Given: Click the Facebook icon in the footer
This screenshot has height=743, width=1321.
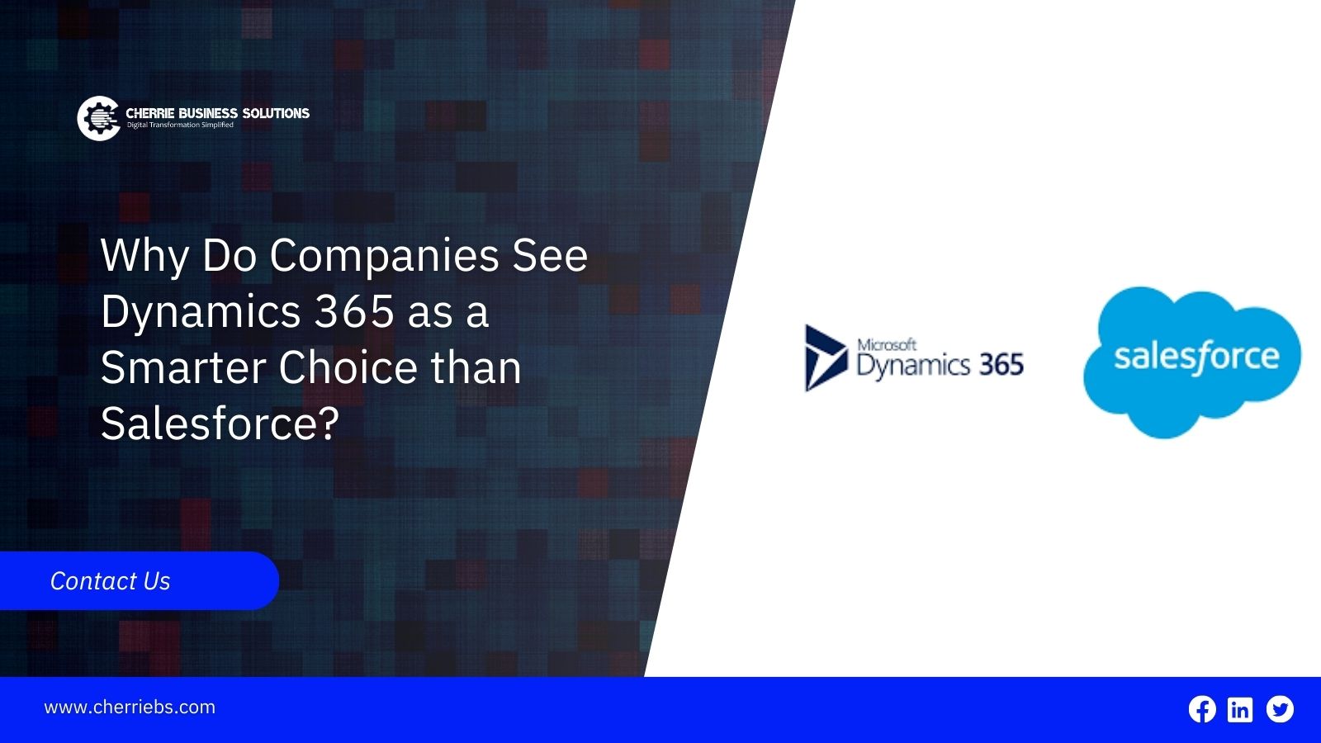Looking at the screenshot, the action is pyautogui.click(x=1202, y=709).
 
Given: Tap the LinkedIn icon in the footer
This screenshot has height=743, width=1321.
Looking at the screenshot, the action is pyautogui.click(x=1239, y=709).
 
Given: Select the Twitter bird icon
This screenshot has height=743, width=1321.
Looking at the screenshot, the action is pyautogui.click(x=1280, y=709).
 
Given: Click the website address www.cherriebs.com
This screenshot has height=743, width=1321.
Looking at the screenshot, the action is pyautogui.click(x=130, y=707).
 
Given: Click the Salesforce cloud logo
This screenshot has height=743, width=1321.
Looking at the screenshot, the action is pyautogui.click(x=1192, y=362).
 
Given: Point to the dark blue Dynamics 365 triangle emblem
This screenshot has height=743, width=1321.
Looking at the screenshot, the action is pyautogui.click(x=826, y=357).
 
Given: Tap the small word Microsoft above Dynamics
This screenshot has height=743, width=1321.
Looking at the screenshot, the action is pyautogui.click(x=887, y=344).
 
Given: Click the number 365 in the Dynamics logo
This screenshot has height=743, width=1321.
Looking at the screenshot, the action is pyautogui.click(x=1001, y=364).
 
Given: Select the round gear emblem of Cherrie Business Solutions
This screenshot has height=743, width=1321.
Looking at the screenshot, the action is pyautogui.click(x=98, y=119).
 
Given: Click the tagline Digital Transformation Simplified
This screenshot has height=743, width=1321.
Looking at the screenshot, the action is pyautogui.click(x=181, y=125).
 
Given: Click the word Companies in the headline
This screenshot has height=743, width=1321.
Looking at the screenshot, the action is pyautogui.click(x=385, y=257).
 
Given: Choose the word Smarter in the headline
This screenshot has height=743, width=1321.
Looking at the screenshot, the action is pyautogui.click(x=182, y=368).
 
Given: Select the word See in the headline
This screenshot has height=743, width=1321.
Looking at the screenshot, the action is pyautogui.click(x=550, y=256).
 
